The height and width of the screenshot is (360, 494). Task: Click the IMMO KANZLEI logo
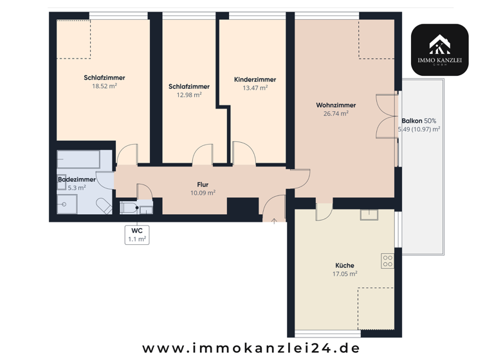[440, 50]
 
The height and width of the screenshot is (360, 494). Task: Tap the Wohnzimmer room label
[336, 105]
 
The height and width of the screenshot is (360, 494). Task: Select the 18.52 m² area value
[104, 86]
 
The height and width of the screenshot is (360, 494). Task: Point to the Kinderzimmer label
[255, 80]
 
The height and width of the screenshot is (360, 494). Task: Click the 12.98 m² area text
[189, 95]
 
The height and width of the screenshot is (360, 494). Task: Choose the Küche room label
[345, 265]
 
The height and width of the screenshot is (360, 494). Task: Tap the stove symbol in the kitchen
[387, 260]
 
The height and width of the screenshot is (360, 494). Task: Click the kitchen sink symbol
[369, 215]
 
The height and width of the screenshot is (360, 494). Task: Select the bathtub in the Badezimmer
[78, 159]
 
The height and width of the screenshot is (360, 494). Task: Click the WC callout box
[136, 234]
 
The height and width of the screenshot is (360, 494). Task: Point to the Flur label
[203, 184]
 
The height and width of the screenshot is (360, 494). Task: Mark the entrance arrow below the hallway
[275, 222]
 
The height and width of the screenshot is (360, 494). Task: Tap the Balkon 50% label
[419, 121]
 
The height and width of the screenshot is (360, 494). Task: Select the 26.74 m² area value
[336, 114]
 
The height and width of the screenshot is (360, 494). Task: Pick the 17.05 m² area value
[345, 274]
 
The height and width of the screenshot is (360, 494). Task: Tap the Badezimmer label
[77, 179]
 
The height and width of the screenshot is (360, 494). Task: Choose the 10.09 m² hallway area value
[203, 192]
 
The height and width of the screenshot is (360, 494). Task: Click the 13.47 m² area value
[255, 88]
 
